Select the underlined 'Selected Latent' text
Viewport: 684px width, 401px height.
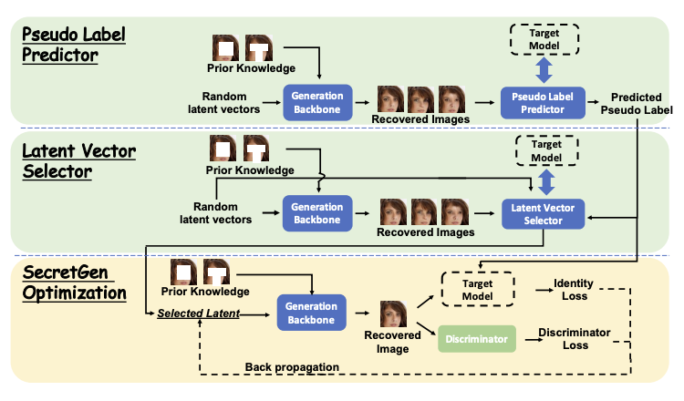point(198,314)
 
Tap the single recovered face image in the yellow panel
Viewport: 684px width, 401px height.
point(393,314)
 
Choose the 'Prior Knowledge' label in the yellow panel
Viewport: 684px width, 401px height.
point(204,292)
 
